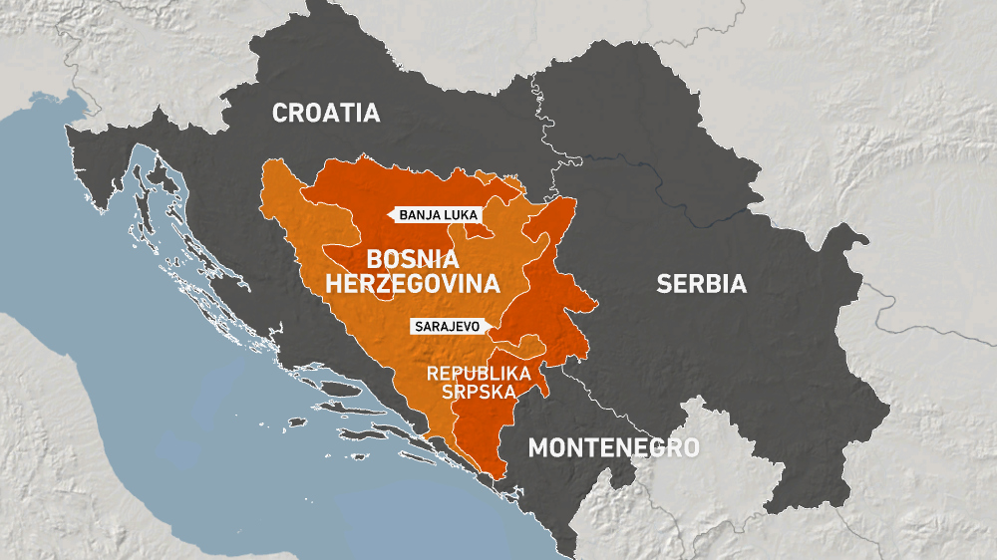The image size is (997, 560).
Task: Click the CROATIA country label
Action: tap(326, 113)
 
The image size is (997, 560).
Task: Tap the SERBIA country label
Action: tap(701, 284)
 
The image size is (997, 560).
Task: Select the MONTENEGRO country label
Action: tap(613, 447)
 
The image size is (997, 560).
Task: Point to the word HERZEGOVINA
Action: tap(412, 284)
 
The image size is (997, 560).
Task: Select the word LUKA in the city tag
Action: tap(461, 214)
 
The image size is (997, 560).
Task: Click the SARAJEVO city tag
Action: tap(447, 326)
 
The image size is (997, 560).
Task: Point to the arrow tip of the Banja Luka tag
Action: tap(389, 214)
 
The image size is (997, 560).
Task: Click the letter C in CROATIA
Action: tap(280, 113)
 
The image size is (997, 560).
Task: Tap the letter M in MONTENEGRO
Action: tap(537, 447)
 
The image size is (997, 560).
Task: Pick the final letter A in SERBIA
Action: tap(738, 284)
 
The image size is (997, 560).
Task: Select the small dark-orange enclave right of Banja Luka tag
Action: tap(481, 229)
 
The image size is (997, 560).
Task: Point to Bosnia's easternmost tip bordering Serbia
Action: tap(597, 302)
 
